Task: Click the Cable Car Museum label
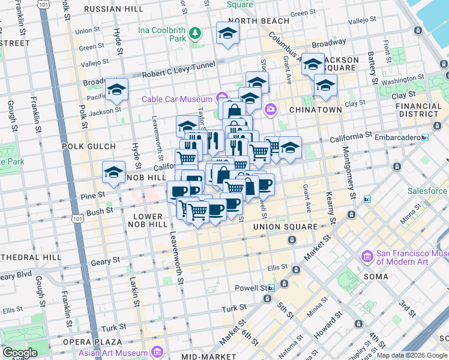coord(177,99)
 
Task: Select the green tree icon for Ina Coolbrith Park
coord(194,32)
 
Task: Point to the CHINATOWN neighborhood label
coord(315,110)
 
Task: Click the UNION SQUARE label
coord(285,227)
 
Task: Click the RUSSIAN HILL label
coord(113,9)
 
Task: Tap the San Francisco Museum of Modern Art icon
coord(367,256)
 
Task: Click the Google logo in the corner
coord(19,353)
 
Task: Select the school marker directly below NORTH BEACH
coord(228,35)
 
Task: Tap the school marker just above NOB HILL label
coord(113,173)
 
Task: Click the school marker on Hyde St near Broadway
coord(116,90)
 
